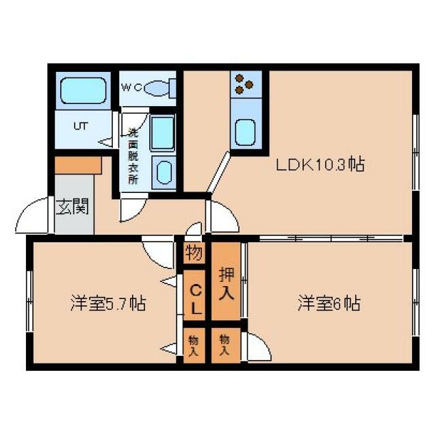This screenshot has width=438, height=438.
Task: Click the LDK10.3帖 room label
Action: tap(320, 165)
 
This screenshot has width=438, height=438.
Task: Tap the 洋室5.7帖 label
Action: tap(107, 303)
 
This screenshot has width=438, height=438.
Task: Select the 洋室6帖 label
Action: tap(328, 303)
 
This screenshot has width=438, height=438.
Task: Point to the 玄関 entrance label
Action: tap(71, 206)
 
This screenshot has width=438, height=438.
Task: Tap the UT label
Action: tap(81, 127)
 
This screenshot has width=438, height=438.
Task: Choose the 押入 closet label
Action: tap(226, 285)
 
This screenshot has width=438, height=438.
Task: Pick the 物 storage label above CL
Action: tap(194, 254)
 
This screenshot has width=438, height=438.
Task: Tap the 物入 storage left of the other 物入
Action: tap(194, 345)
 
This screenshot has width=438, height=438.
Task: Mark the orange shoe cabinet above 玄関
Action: tap(77, 165)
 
